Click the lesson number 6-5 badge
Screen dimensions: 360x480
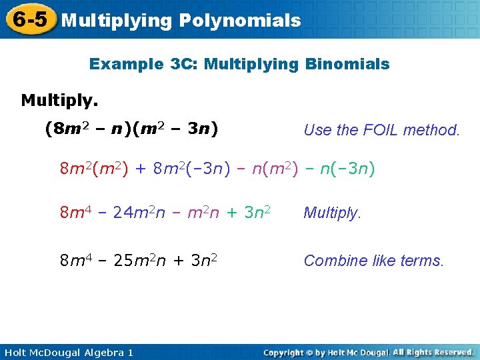point(30,20)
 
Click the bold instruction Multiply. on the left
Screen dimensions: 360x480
point(59,101)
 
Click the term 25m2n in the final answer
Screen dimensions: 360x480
point(140,261)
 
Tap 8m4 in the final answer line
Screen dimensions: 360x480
point(73,261)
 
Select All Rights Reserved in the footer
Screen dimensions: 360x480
point(433,352)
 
